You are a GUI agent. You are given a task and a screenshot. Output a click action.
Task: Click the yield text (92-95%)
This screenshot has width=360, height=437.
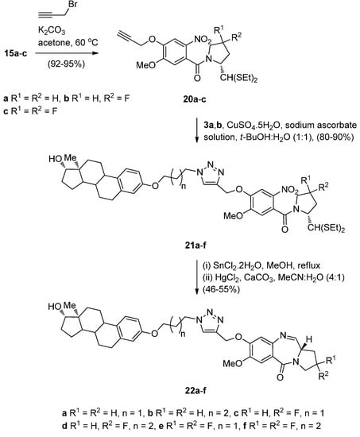[48, 57]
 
